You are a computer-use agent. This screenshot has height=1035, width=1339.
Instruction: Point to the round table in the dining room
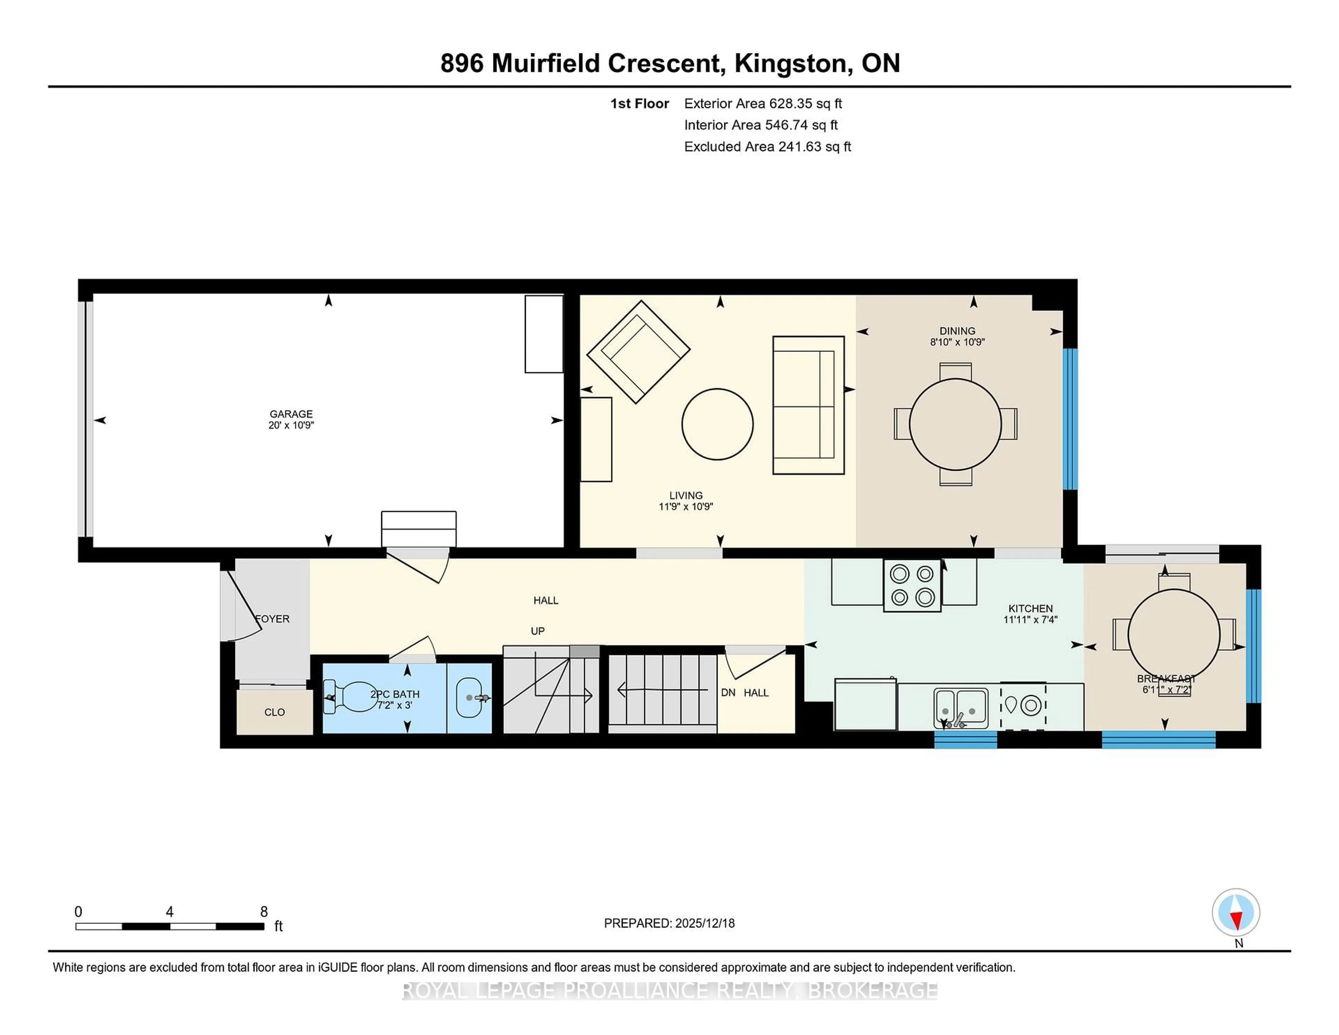955,424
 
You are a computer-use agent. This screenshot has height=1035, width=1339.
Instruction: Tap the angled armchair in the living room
638,352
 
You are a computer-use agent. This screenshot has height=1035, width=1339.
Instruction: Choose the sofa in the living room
808,405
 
